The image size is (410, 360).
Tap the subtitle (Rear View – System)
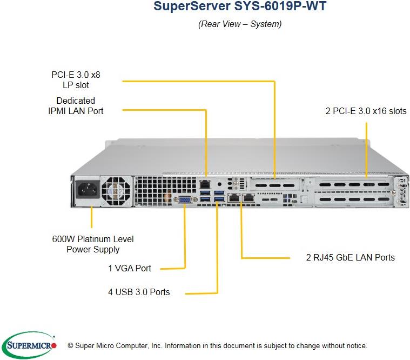tap(240, 24)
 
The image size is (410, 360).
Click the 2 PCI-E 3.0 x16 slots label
tap(366, 111)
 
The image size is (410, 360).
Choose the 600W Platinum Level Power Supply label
tap(93, 244)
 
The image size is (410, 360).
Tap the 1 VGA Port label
tap(129, 268)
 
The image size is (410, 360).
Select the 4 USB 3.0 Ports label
tap(139, 292)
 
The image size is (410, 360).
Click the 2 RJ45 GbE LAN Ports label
tap(350, 257)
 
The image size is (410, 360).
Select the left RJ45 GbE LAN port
tap(234, 198)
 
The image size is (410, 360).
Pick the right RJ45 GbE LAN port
tap(248, 198)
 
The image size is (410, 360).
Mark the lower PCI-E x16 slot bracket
tap(352, 200)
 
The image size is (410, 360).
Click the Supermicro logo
tap(30, 344)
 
